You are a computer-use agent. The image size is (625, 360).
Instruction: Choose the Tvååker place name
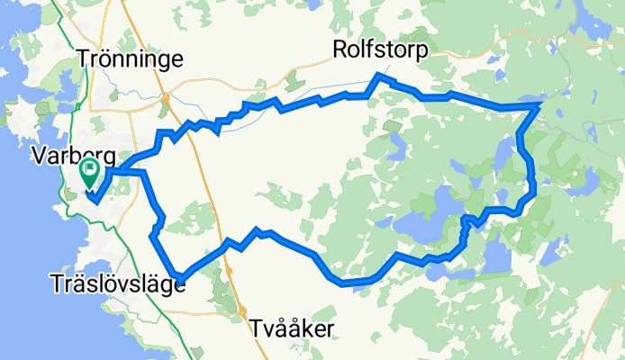coord(292,329)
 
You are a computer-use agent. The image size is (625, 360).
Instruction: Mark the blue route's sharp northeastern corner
coord(539,106)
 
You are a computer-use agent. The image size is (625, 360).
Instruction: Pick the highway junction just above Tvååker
coord(244,311)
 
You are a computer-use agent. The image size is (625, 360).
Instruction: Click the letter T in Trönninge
coord(84,59)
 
